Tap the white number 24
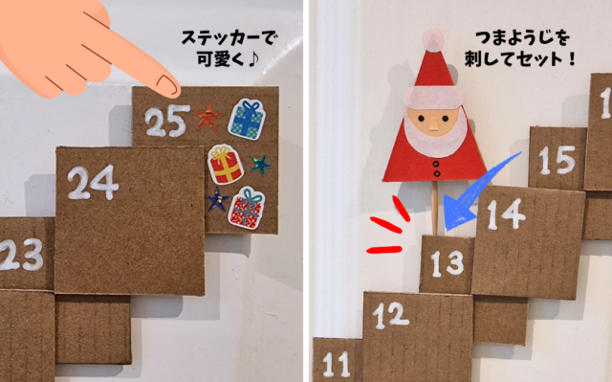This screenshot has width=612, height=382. tap(93, 183)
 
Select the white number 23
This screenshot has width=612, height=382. tap(20, 255)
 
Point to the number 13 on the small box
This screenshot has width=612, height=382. tap(448, 263)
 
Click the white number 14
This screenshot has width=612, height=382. tap(506, 214)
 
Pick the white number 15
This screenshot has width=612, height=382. tap(557, 160)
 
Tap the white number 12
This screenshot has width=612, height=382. tap(391, 315)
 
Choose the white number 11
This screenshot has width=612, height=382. tap(336, 364)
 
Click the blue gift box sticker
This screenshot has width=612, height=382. tap(247, 120)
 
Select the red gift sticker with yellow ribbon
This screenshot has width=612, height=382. tap(226, 164)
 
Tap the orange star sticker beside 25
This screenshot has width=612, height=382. tap(208, 117)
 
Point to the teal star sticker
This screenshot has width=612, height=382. tap(261, 166)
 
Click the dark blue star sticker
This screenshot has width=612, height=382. tap(217, 199)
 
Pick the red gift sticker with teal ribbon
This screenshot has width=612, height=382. tap(247, 208)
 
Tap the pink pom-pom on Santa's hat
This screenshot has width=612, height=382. tap(433, 40)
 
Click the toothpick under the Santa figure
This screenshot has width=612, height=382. tap(434, 208)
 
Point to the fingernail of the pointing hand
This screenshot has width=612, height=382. tap(167, 86)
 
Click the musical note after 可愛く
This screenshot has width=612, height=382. tap(252, 59)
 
